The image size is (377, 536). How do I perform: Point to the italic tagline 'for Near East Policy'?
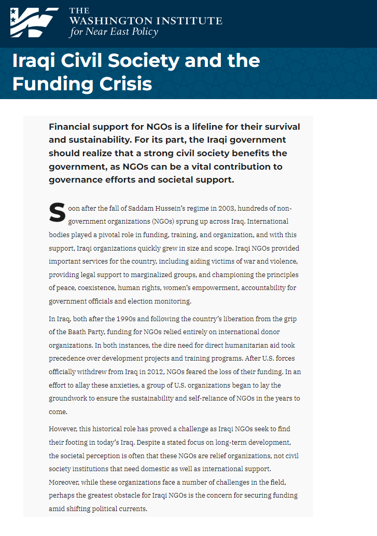coord(114,32)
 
